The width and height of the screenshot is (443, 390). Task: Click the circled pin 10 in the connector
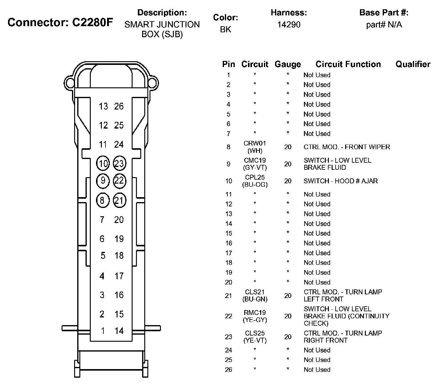(x=103, y=163)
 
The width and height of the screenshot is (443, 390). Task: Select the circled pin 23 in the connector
(x=119, y=163)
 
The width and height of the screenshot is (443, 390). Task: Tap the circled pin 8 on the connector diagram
(x=102, y=201)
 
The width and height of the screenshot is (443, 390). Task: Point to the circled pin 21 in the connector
(x=119, y=201)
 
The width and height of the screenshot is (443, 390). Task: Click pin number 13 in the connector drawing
(x=103, y=106)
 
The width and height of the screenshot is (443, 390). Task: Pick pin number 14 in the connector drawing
(x=119, y=331)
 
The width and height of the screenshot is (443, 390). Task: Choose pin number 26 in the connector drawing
(x=119, y=106)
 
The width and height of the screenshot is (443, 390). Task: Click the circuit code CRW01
(x=255, y=143)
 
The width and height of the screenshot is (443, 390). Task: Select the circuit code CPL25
(x=255, y=177)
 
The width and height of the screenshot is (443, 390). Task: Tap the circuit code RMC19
(x=255, y=313)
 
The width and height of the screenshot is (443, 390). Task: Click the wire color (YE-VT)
(x=255, y=340)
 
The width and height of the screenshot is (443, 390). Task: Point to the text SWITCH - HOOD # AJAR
(x=341, y=181)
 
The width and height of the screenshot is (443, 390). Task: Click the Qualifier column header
(x=413, y=64)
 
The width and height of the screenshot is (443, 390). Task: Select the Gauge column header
(x=288, y=64)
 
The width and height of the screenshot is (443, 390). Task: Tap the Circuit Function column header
(x=348, y=64)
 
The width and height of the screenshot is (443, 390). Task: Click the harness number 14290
(x=289, y=25)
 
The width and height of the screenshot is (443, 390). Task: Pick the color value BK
(x=225, y=30)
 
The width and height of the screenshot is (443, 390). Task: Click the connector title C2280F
(x=93, y=22)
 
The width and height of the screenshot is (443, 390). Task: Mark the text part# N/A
(x=384, y=25)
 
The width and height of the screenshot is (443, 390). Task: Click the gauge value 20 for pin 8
(x=288, y=147)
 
